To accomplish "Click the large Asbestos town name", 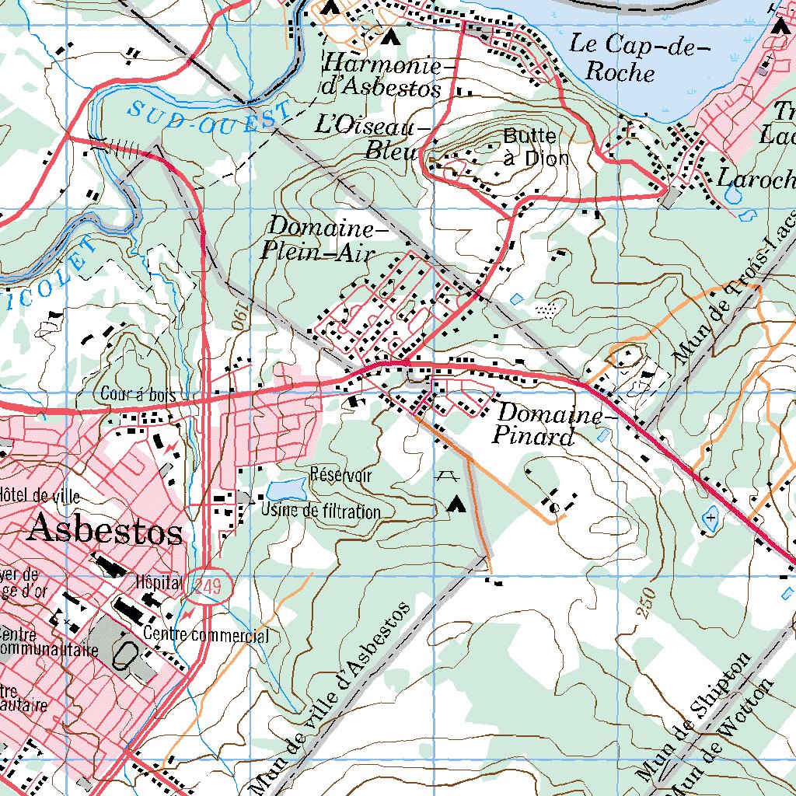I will (x=105, y=532).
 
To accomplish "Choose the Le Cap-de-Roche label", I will (x=640, y=58).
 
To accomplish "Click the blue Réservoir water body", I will (x=285, y=490).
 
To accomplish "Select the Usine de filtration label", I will (x=320, y=511).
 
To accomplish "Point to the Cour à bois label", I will (x=138, y=395).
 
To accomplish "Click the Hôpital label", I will (x=158, y=581).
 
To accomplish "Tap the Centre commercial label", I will (x=206, y=636).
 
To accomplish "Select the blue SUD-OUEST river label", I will (x=208, y=117).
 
